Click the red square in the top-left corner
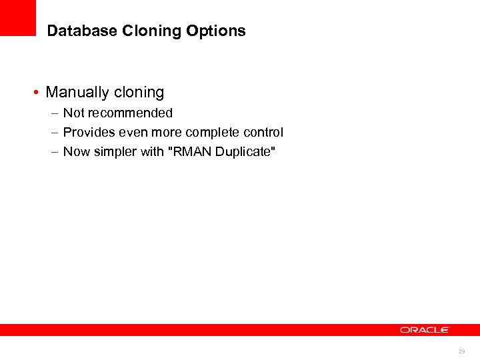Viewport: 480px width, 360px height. point(18,17)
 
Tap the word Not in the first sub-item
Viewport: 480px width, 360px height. point(73,113)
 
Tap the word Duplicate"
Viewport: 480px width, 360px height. point(242,152)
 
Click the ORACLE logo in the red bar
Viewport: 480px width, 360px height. point(425,330)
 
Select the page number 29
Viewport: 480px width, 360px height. point(461,351)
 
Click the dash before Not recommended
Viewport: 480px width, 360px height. point(53,113)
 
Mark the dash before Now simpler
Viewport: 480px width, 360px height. point(53,152)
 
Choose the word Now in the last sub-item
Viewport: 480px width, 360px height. point(76,152)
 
